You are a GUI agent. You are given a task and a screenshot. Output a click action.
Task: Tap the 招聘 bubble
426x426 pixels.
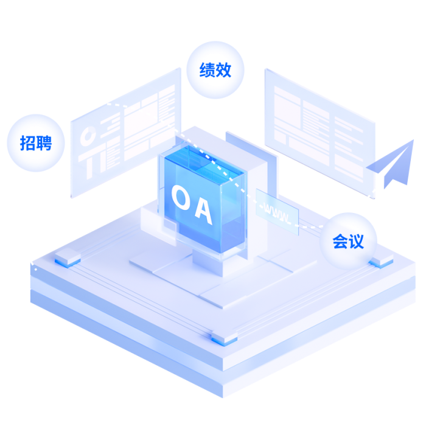point(35,144)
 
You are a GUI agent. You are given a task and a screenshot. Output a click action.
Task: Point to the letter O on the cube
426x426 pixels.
point(180,197)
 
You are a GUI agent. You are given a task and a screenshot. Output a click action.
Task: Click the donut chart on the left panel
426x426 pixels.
point(88,136)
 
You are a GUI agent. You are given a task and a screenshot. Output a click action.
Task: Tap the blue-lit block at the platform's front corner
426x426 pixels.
point(219,338)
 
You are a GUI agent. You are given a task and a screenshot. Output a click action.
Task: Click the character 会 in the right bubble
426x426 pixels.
point(340,241)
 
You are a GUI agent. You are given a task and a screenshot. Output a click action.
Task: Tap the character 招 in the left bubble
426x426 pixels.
point(27,144)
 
